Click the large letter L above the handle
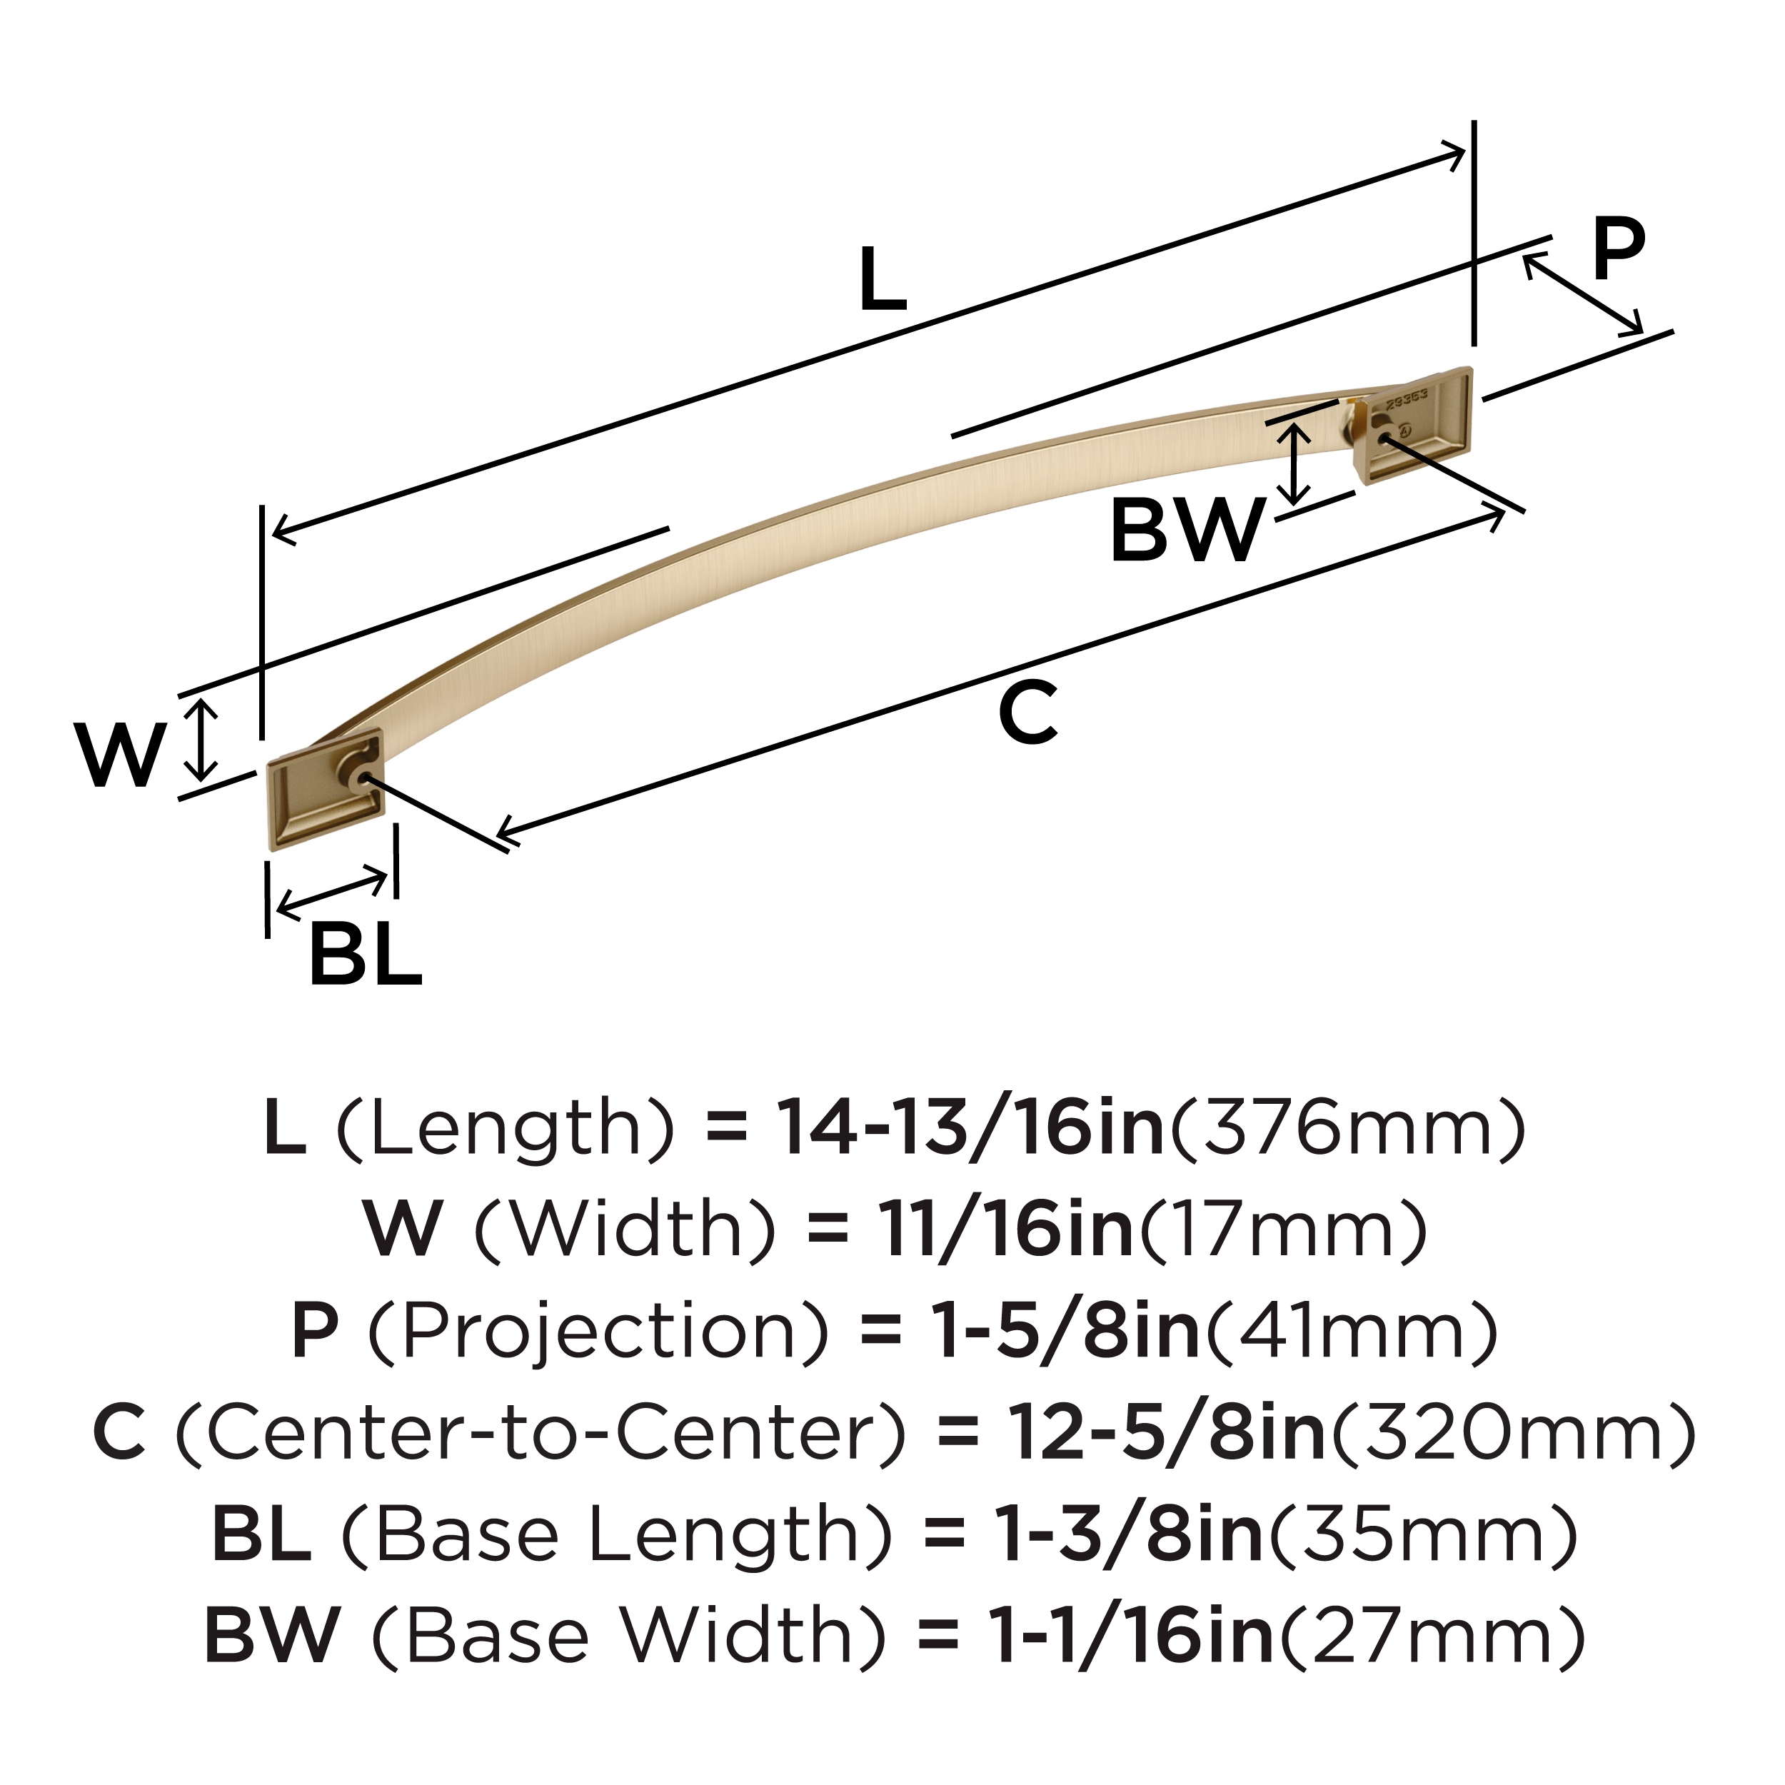point(883,279)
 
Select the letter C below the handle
point(1027,713)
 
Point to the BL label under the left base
point(365,955)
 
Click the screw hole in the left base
point(367,780)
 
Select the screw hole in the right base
point(1383,439)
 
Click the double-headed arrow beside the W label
point(201,739)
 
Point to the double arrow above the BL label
point(333,892)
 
